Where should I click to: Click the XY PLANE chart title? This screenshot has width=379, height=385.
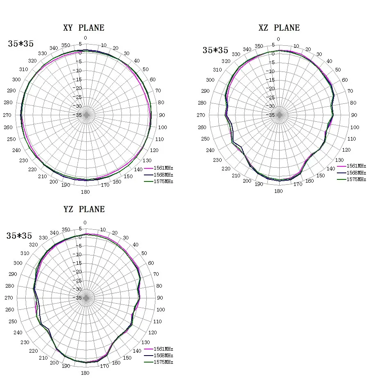coord(83,28)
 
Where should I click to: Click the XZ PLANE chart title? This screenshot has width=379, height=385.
coord(279,28)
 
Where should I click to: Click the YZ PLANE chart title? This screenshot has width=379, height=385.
coord(84,209)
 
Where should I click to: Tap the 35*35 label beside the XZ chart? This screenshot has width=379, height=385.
coord(215,50)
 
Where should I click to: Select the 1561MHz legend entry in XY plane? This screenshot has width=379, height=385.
coord(163,168)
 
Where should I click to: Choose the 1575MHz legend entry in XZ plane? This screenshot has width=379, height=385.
coord(356,179)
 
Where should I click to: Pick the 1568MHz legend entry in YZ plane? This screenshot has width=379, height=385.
coord(163,356)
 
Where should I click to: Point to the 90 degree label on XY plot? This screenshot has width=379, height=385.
coord(162,115)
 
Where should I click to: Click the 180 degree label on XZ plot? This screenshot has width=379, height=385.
coord(278,191)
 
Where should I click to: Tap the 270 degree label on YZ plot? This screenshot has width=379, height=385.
coord(9,298)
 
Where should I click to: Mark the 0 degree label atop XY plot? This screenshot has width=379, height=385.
coord(85,38)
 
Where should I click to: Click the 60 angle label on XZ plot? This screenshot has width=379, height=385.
coord(345,80)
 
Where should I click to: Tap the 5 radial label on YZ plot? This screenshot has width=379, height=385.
coord(80,229)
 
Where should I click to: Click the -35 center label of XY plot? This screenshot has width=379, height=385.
coord(79,115)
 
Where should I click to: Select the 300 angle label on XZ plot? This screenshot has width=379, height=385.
coord(210,80)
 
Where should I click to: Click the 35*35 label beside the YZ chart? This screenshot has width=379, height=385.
coord(19,236)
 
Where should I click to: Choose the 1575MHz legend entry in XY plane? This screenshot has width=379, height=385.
coord(163,181)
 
